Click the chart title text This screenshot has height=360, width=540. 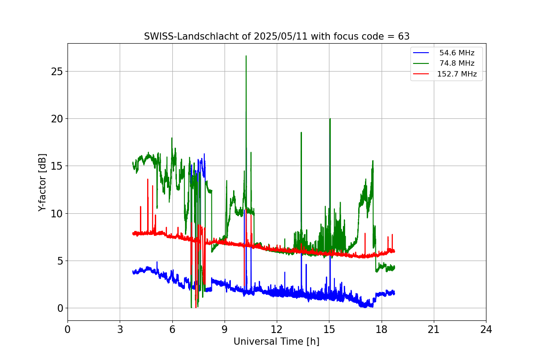pyautogui.click(x=276, y=36)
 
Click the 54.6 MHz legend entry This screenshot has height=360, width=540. pyautogui.click(x=457, y=53)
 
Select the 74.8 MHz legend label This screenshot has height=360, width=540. pyautogui.click(x=457, y=63)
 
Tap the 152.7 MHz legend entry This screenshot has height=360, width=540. pyautogui.click(x=457, y=74)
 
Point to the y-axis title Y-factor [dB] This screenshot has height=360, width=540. pyautogui.click(x=42, y=182)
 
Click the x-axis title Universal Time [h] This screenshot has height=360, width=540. pyautogui.click(x=276, y=342)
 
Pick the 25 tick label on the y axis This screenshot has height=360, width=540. pyautogui.click(x=57, y=72)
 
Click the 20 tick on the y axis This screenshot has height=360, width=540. pyautogui.click(x=57, y=119)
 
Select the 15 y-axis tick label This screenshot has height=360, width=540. pyautogui.click(x=57, y=166)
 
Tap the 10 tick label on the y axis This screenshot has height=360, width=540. pyautogui.click(x=57, y=213)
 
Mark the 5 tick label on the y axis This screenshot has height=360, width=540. pyautogui.click(x=60, y=261)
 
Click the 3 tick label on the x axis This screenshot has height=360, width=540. pyautogui.click(x=120, y=329)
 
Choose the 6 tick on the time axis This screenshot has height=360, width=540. pyautogui.click(x=172, y=329)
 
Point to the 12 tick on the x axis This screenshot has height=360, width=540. pyautogui.click(x=276, y=329)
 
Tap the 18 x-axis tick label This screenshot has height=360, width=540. pyautogui.click(x=381, y=329)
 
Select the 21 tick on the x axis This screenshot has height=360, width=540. pyautogui.click(x=433, y=329)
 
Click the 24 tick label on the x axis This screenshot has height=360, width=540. pyautogui.click(x=486, y=329)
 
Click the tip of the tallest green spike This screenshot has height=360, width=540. pyautogui.click(x=246, y=56)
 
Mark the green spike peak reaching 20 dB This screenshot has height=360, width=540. pyautogui.click(x=330, y=119)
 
